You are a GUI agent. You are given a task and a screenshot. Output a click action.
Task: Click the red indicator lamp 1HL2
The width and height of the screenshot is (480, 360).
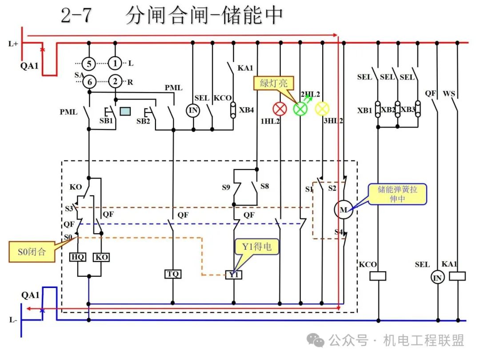tap(280, 109)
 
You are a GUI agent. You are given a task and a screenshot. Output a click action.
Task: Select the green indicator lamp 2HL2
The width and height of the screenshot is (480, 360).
tap(300, 109)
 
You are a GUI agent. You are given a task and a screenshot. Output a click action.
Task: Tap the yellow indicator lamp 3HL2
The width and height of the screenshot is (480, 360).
tap(322, 109)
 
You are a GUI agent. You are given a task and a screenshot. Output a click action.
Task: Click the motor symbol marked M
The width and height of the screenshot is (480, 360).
tap(344, 210)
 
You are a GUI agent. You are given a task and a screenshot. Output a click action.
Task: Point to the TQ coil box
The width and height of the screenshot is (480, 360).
tap(173, 274)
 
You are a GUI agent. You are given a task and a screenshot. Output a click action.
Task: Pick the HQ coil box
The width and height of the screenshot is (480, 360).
tap(77, 257)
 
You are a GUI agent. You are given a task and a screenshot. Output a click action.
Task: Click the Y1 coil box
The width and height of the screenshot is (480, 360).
tap(234, 275)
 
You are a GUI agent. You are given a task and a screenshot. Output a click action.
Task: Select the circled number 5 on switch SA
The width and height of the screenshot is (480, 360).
tap(89, 64)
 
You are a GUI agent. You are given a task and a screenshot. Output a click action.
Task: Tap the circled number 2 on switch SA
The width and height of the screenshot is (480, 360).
tap(115, 81)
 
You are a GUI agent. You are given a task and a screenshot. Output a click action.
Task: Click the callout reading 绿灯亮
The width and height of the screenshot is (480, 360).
tap(274, 83)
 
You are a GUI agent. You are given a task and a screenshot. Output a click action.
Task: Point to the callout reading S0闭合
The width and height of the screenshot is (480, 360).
tap(32, 252)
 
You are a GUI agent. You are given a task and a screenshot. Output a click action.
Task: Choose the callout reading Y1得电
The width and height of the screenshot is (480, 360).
tap(256, 247)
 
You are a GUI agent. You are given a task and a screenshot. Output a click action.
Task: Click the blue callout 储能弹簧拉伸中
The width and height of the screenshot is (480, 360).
tap(397, 194)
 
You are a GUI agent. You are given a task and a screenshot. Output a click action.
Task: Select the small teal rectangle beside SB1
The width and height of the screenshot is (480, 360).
tap(125, 111)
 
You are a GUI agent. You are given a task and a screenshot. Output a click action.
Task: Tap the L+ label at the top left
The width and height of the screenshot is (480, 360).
tap(13, 44)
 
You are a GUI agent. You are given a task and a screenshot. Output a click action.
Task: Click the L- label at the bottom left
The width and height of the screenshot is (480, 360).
tap(13, 320)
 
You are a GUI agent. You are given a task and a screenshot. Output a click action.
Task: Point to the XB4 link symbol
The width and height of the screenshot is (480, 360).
tap(233, 110)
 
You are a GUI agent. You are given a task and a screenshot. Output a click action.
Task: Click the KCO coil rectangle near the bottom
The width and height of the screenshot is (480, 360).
tap(378, 276)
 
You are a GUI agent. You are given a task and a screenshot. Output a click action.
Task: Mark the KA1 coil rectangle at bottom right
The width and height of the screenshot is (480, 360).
tap(457, 276)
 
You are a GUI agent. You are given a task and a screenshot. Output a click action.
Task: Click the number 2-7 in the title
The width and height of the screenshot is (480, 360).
tap(76, 15)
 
